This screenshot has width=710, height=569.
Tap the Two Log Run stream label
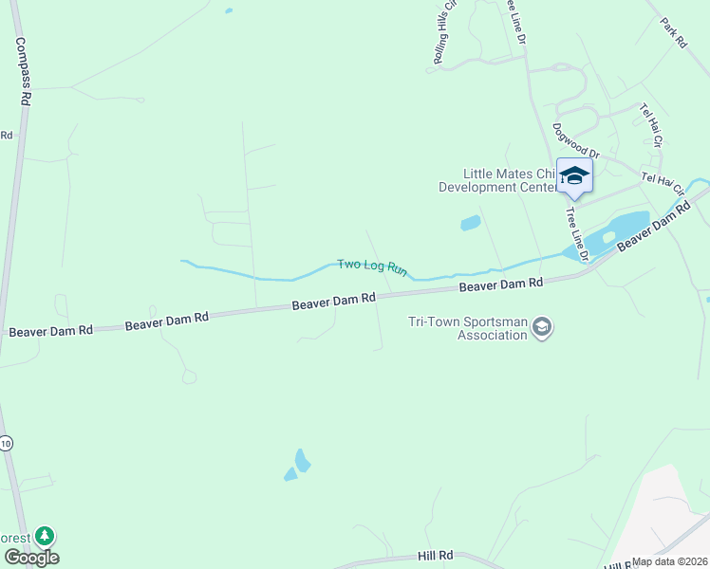[x=372, y=268]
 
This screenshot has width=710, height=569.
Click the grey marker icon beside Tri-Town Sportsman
[x=542, y=328]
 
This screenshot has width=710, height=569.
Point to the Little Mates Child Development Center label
[x=496, y=180]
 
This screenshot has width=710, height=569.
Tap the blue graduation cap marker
[x=574, y=175]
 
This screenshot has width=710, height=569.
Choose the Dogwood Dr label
[x=577, y=140]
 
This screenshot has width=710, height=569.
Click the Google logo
[x=31, y=558]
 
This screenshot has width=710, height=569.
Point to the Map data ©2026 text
[x=669, y=561]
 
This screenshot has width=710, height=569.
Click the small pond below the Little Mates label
[x=470, y=224]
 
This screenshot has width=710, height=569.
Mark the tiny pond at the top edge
[x=228, y=11]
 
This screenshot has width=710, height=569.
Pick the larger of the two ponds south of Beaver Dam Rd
[x=302, y=461]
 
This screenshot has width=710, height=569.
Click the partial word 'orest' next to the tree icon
[x=14, y=537]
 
